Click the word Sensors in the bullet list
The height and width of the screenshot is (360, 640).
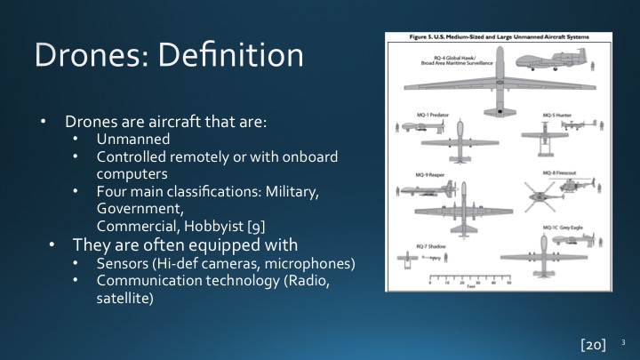pyautogui.click(x=124, y=265)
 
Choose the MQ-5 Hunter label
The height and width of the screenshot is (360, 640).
pyautogui.click(x=560, y=116)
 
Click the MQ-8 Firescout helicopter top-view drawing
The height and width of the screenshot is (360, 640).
pyautogui.click(x=540, y=193)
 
